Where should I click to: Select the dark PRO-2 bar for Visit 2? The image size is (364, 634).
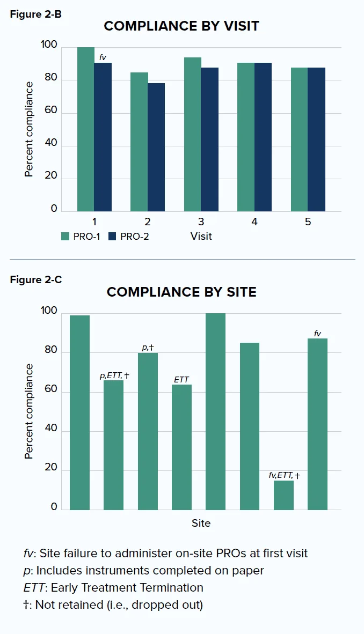156,148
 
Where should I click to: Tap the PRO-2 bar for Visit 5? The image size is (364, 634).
316,139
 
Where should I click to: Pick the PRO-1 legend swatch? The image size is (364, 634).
66,236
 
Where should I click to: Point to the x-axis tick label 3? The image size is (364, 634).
201,222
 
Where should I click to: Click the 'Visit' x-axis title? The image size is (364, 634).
201,236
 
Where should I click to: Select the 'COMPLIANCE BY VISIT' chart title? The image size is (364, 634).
181,26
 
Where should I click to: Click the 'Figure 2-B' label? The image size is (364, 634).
35,14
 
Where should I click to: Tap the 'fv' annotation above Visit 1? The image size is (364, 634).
103,57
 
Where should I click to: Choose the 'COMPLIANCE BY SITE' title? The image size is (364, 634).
181,292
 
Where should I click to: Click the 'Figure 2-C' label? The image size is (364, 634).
35,279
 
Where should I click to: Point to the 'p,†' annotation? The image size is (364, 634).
148,348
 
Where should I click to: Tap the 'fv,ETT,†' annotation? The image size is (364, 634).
284,475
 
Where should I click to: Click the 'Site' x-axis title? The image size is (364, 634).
201,523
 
